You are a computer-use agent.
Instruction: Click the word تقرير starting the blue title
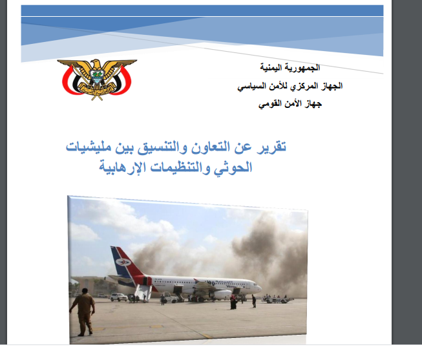click(268, 147)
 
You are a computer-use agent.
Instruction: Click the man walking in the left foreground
click(82, 311)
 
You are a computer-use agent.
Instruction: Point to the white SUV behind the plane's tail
click(118, 297)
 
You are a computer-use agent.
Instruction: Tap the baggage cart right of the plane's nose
click(279, 301)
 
